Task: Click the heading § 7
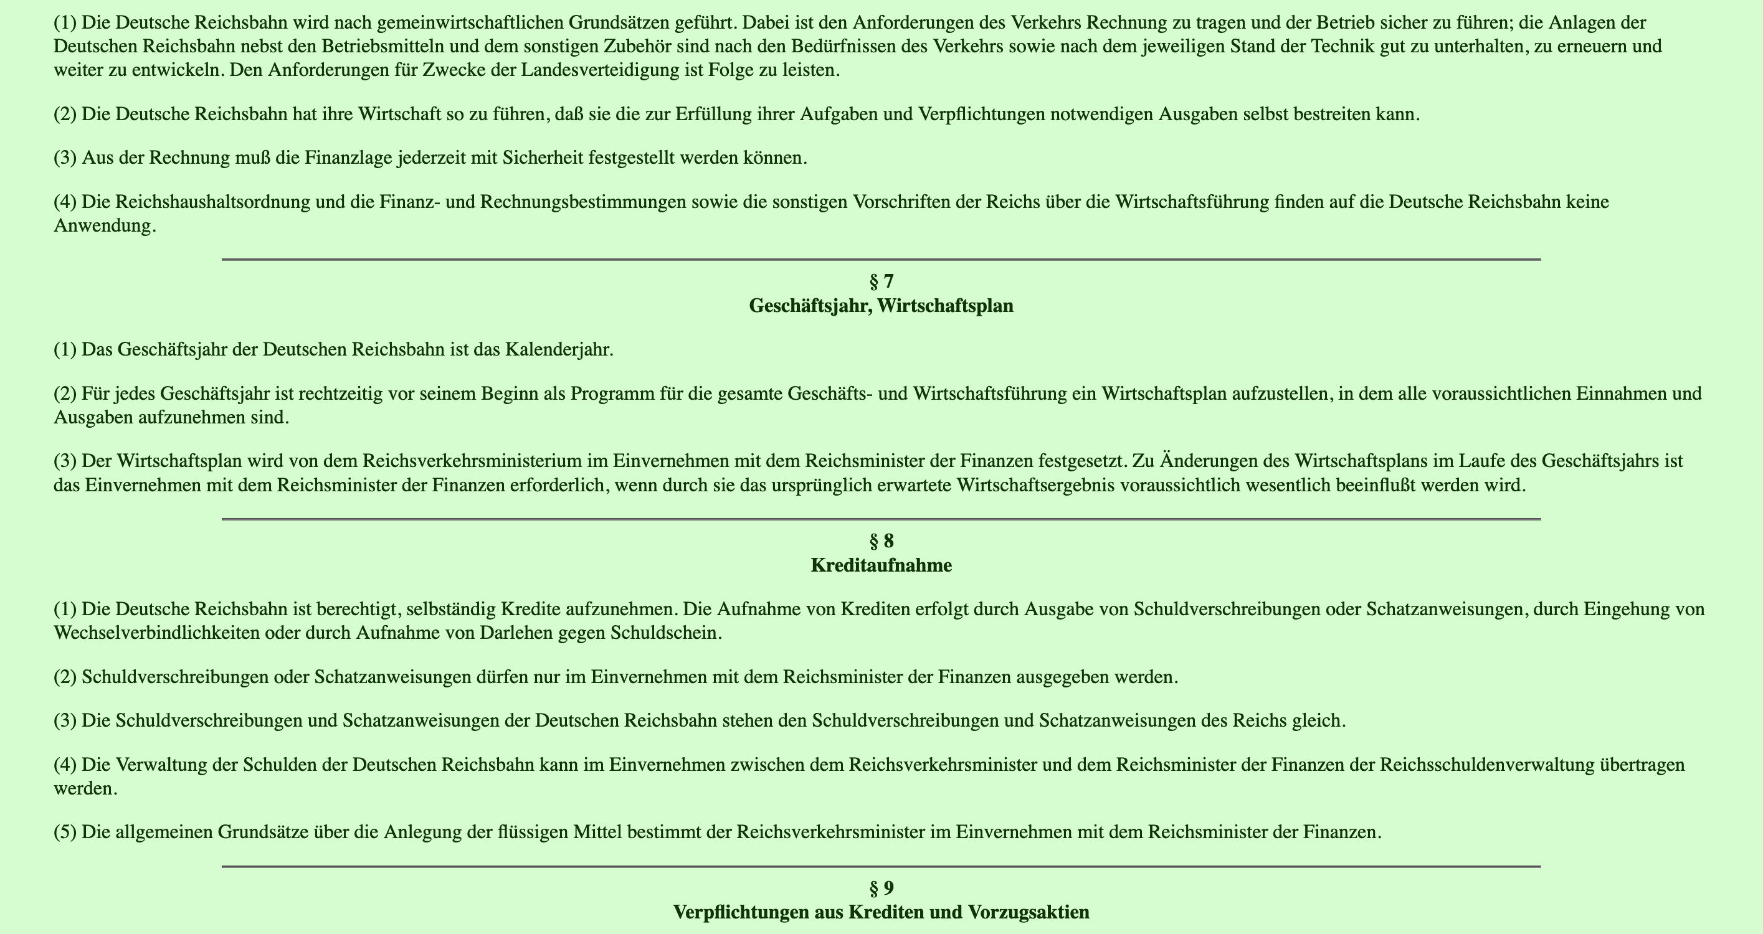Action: coord(881,281)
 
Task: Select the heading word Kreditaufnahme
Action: coord(881,565)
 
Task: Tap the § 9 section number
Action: coord(881,888)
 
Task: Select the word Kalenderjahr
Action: coord(558,350)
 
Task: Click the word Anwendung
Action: coord(105,227)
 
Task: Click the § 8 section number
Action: coord(881,541)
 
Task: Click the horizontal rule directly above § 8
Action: coord(881,519)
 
